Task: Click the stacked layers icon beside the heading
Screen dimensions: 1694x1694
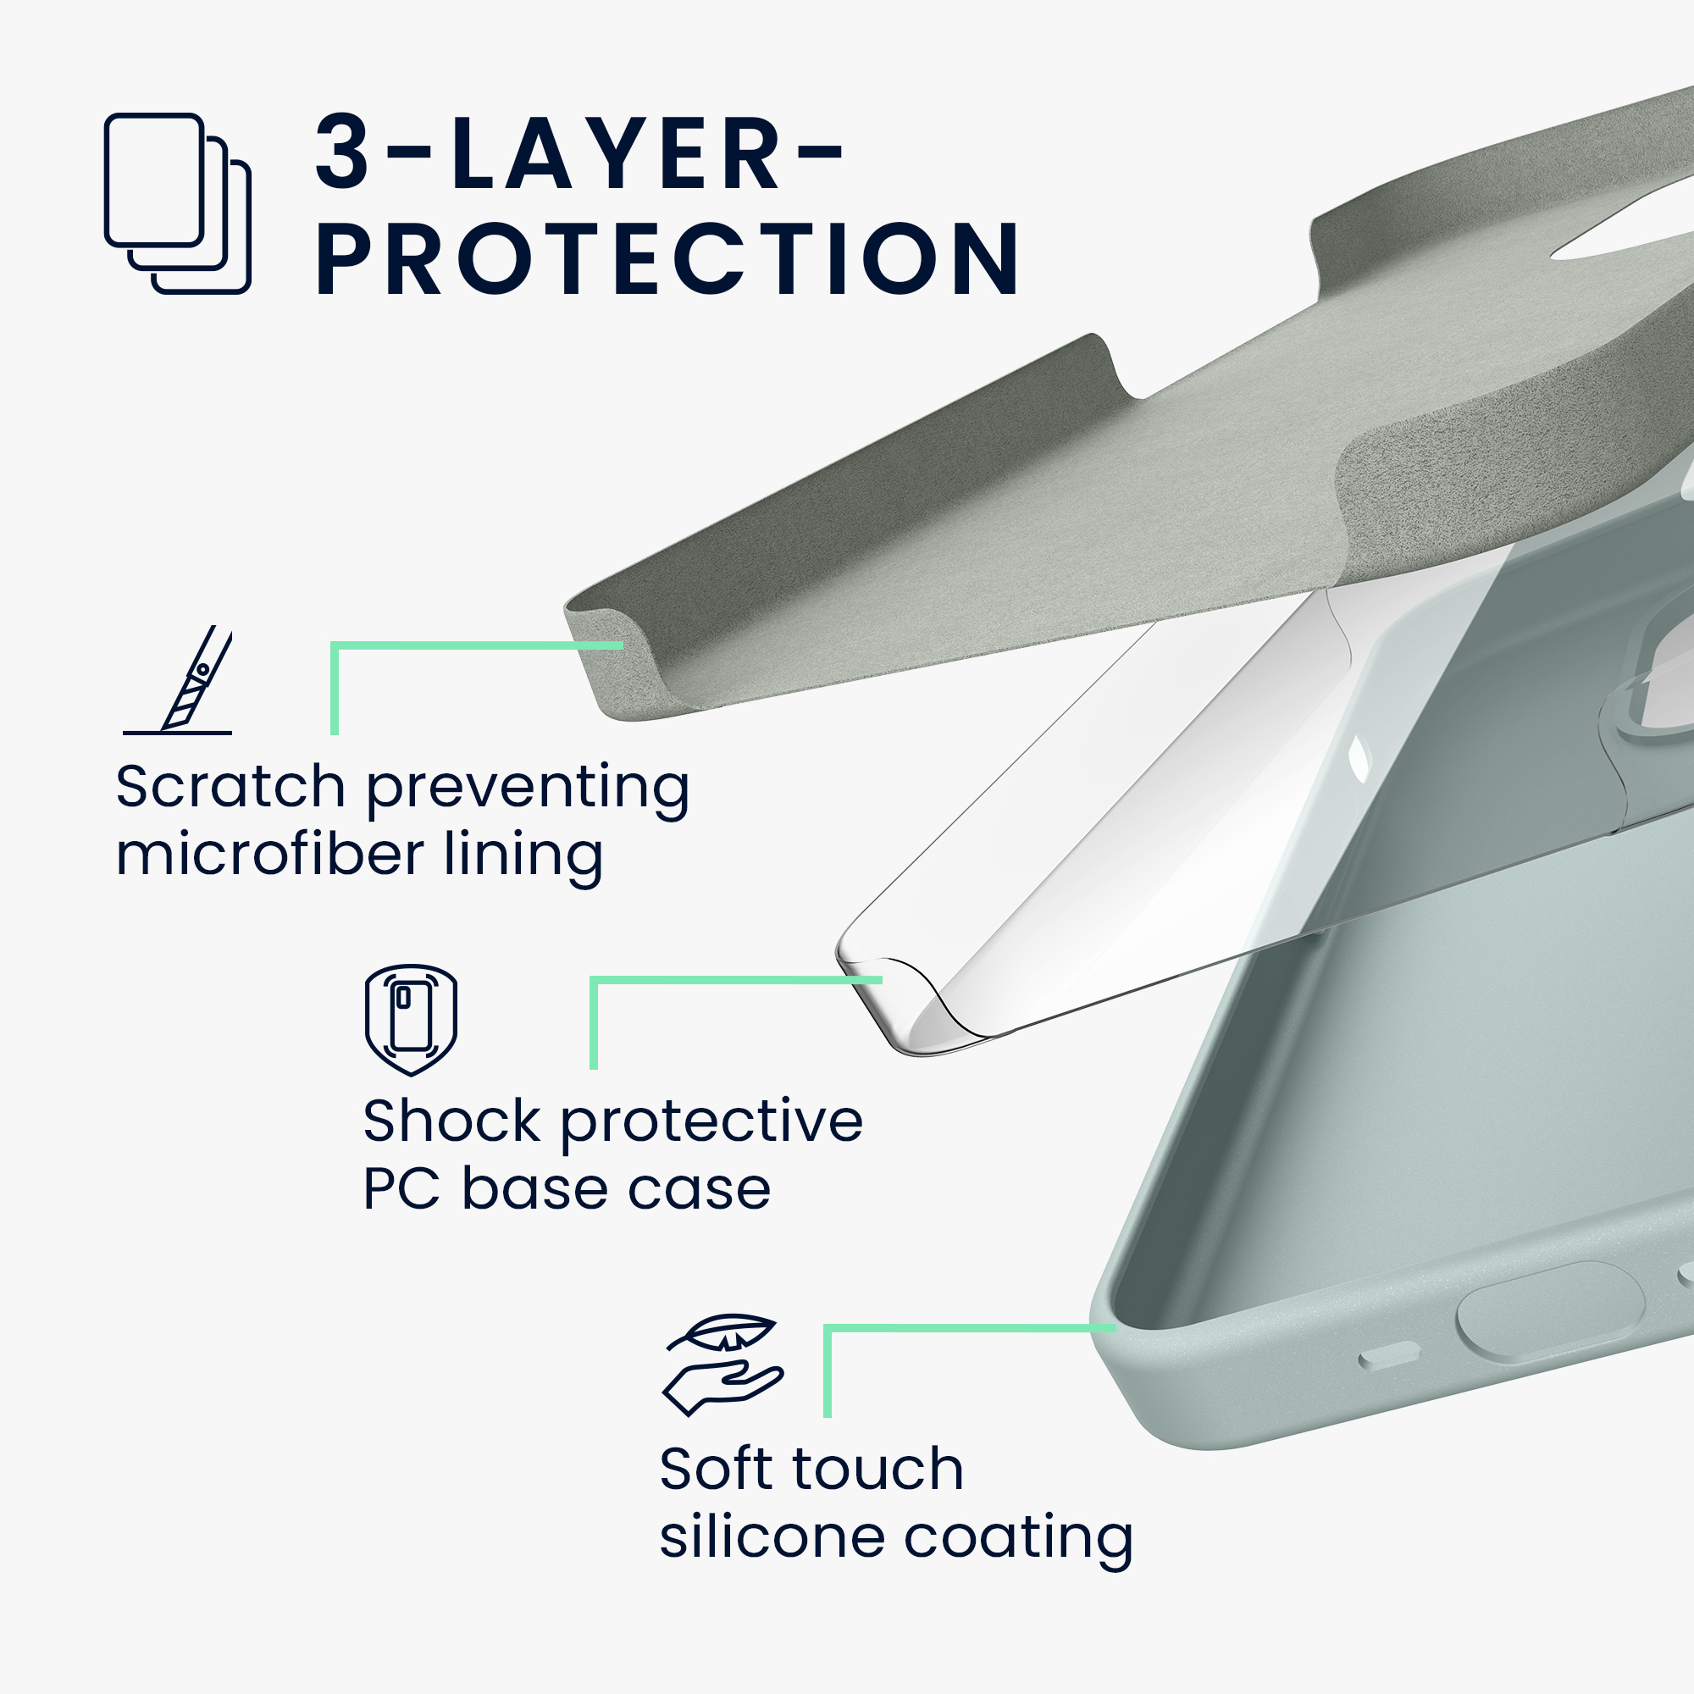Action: coord(177,203)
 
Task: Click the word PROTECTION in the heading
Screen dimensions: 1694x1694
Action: coord(668,259)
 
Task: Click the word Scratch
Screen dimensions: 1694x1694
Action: coord(230,787)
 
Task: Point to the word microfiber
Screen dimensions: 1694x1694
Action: coord(270,854)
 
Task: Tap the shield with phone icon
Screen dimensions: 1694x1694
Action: coord(412,1021)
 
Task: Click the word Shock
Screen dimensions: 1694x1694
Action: coord(451,1121)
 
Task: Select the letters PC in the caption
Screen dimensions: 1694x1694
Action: coord(401,1190)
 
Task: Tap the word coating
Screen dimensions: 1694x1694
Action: coord(1018,1541)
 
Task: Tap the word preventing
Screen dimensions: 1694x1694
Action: coord(528,790)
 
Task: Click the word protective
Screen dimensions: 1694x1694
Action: coord(711,1125)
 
